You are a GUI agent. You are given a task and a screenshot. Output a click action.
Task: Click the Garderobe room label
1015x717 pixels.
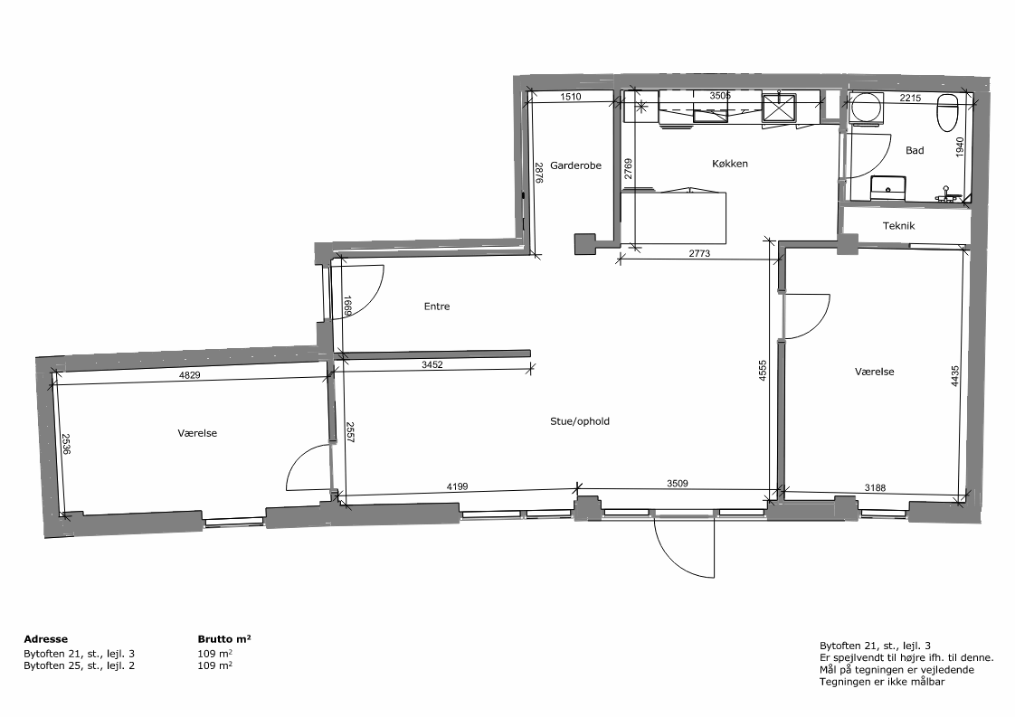pos(575,165)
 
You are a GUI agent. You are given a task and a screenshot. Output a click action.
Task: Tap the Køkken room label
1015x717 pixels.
pos(729,164)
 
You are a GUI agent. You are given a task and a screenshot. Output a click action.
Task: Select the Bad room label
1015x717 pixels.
pos(915,150)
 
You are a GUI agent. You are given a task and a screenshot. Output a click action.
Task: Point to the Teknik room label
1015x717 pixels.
pos(898,226)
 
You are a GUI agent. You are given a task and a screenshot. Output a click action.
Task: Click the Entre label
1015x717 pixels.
pos(437,307)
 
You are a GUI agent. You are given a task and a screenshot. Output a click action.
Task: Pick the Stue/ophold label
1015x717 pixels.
pos(580,421)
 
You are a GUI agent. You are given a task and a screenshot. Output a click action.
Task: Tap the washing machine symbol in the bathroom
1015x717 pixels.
pos(866,108)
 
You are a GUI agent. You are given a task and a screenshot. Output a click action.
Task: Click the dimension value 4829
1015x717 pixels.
pos(190,374)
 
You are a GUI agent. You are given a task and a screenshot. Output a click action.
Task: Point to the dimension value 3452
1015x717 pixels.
pos(432,364)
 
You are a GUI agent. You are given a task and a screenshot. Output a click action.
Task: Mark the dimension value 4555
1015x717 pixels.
pos(763,370)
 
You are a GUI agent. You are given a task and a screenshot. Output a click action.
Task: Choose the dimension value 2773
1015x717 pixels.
pos(699,254)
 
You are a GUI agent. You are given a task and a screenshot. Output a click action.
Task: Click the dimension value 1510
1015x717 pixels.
pos(570,97)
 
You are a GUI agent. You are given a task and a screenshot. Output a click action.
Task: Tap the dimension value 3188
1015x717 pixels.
pos(875,488)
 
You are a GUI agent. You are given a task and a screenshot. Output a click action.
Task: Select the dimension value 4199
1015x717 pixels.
pos(457,486)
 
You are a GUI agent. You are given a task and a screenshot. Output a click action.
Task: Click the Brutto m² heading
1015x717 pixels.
pos(224,638)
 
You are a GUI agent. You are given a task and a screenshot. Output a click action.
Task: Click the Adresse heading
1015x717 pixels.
pos(45,638)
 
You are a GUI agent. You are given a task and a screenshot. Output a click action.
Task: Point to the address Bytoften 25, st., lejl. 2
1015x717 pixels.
pos(79,665)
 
